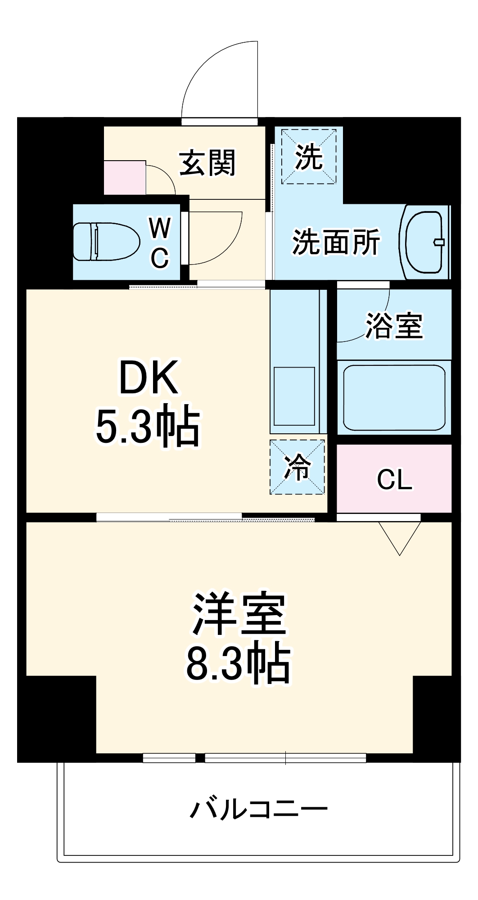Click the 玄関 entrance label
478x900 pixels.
click(x=207, y=162)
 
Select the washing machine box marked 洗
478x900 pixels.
click(x=309, y=157)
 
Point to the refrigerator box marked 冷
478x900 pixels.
click(x=297, y=467)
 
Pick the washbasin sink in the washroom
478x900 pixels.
click(x=424, y=242)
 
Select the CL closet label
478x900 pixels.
click(x=394, y=480)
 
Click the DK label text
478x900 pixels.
click(x=149, y=377)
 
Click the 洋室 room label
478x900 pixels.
click(x=239, y=614)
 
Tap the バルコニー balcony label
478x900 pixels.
click(x=259, y=810)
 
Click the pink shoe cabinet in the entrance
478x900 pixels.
click(x=125, y=178)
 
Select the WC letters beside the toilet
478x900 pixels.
click(x=160, y=243)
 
